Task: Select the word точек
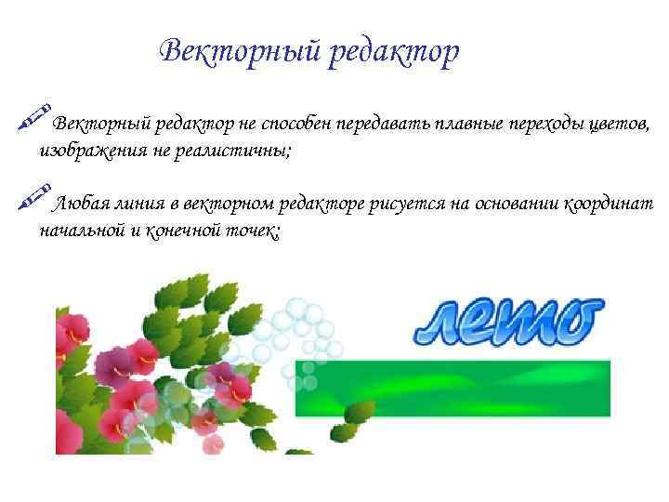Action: point(255,230)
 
